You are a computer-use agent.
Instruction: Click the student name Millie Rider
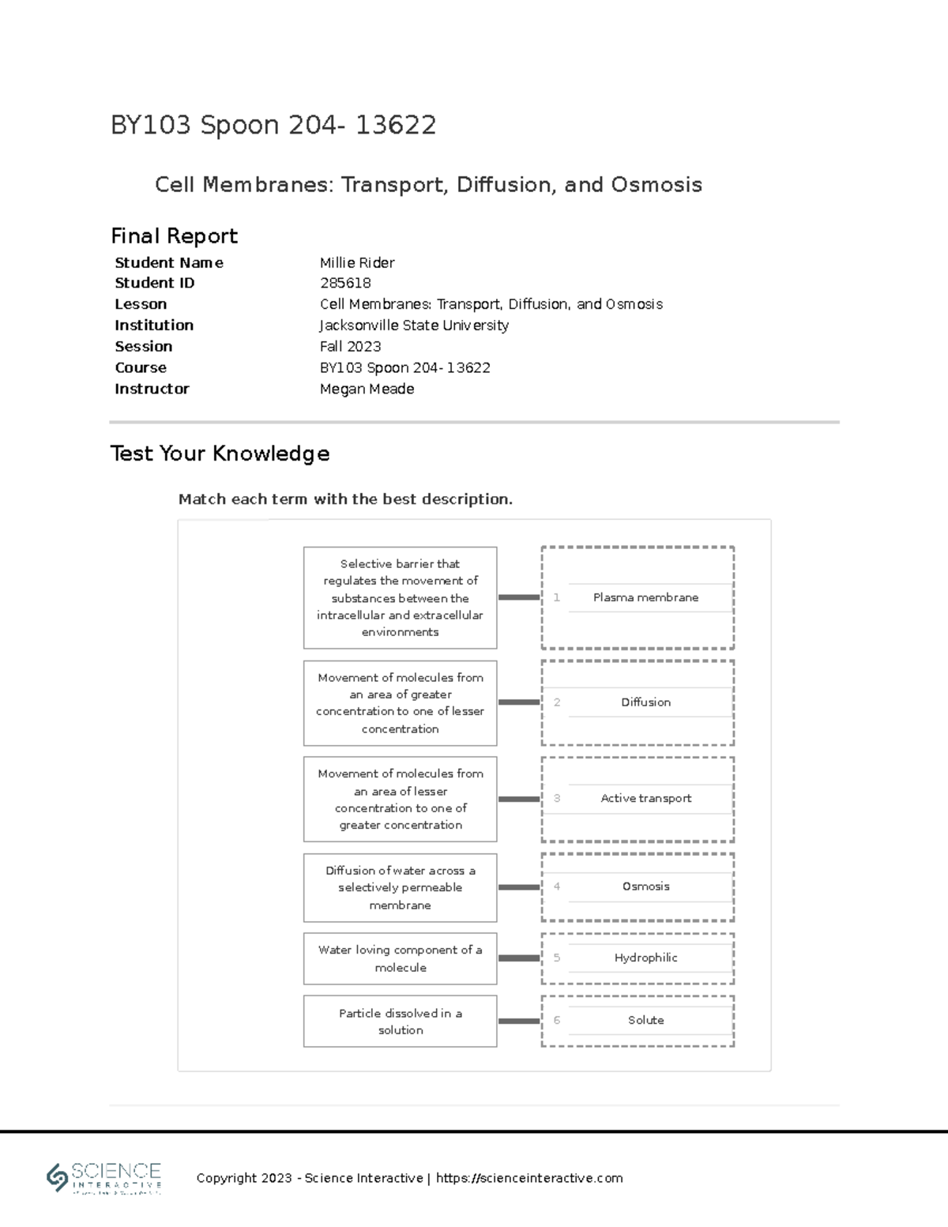(357, 262)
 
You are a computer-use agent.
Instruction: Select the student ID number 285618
(345, 283)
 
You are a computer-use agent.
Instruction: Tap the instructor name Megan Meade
(367, 389)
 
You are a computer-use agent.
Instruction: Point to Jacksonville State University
(414, 325)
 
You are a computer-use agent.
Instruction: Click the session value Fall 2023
(350, 346)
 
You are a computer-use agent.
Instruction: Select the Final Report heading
(174, 235)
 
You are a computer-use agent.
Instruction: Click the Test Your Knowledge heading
(220, 453)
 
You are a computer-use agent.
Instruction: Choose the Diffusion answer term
(645, 702)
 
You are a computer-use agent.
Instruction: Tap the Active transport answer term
(645, 798)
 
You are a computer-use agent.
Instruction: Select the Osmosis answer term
(645, 886)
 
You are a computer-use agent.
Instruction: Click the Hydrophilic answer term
(645, 958)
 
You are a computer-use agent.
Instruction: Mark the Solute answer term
(645, 1020)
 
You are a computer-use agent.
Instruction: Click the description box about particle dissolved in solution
(400, 1021)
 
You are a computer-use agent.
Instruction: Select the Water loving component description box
(400, 958)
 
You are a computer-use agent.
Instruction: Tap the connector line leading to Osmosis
(519, 887)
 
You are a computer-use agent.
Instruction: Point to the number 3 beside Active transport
(557, 798)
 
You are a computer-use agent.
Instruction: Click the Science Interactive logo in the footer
(104, 1177)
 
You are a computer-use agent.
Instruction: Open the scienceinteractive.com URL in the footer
(529, 1178)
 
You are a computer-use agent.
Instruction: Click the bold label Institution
(154, 325)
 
